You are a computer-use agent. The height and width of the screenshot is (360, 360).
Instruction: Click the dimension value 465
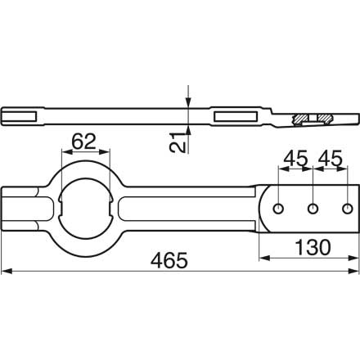[x=169, y=260]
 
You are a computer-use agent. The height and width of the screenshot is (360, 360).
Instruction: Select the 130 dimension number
[x=313, y=247]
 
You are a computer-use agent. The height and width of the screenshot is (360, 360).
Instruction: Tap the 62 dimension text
[x=83, y=142]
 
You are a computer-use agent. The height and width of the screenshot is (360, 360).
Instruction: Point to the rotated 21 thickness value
[x=178, y=143]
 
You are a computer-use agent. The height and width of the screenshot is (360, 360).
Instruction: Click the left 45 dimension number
[x=295, y=159]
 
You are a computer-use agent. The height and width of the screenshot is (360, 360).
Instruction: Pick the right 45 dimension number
[x=331, y=159]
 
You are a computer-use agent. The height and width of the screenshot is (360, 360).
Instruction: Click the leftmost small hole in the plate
[x=278, y=209]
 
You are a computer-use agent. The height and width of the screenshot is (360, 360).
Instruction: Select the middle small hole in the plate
[x=313, y=209]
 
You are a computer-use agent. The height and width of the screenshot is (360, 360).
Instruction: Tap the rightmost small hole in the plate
[x=347, y=209]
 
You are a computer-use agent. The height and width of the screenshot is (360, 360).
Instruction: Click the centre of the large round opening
[x=86, y=209]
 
